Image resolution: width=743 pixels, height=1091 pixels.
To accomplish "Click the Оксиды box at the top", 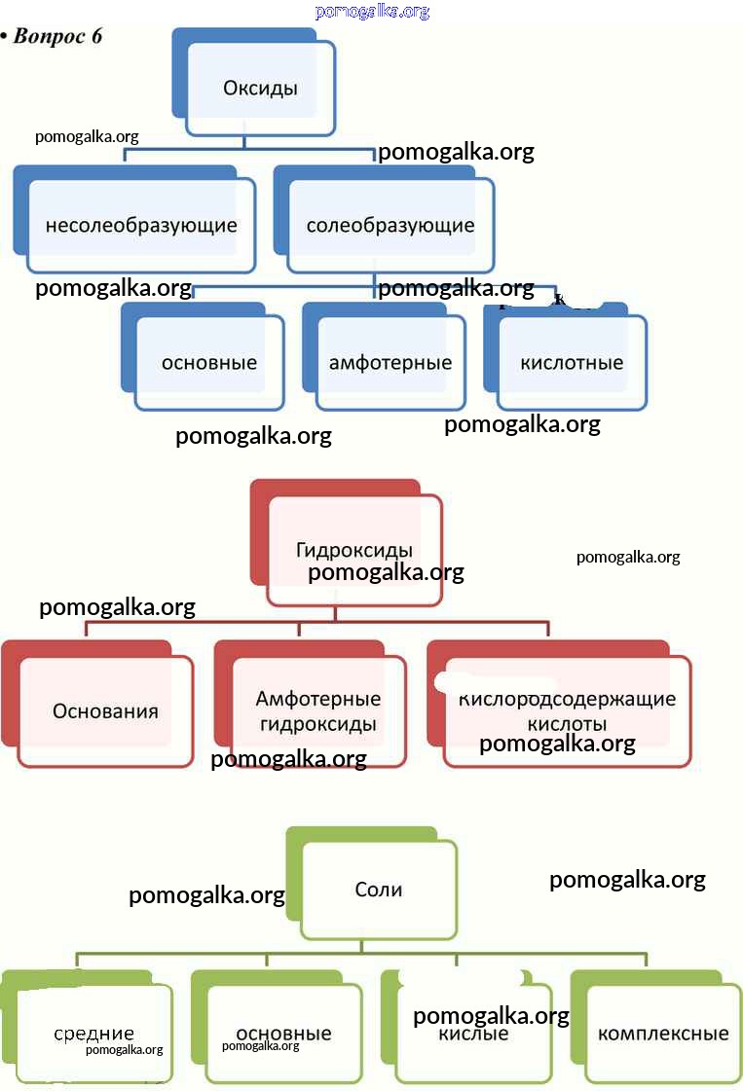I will point(260,88).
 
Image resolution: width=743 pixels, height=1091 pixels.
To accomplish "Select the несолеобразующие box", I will point(141,226).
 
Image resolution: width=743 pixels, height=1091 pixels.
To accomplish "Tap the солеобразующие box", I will point(390,226).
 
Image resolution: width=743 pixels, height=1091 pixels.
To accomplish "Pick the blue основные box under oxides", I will point(209,363).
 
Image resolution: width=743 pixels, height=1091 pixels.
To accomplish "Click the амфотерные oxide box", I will point(390,363).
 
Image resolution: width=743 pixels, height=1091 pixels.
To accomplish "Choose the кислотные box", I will point(572,363).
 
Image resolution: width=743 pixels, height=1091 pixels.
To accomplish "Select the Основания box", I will point(105,710).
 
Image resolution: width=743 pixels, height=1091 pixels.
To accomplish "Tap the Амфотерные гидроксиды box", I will point(318,711).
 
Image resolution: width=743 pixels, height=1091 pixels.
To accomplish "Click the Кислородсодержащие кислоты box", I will point(567,711).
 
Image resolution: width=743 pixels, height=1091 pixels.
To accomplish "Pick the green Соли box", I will point(379,890).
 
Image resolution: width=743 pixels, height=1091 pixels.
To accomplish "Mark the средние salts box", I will point(93,1034).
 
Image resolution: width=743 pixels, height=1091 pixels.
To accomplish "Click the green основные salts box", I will point(283,1034).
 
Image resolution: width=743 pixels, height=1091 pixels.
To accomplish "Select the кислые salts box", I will point(474,1034).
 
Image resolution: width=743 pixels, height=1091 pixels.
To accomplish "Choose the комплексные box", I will point(663,1034).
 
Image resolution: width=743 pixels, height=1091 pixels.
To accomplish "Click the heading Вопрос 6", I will point(57,37).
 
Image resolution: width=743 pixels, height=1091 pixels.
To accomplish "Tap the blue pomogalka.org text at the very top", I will point(372,12).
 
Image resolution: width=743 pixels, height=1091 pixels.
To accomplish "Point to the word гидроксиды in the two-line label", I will point(318,725).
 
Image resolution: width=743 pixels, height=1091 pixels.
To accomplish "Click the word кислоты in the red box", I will point(567,725).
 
